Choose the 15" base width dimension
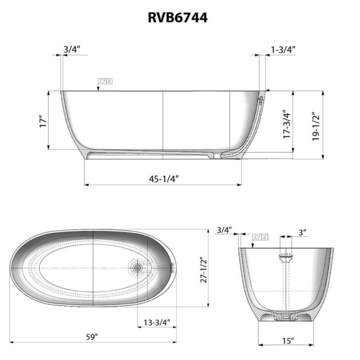(x=289, y=340)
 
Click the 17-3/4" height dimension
(x=287, y=123)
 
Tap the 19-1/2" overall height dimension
(x=316, y=126)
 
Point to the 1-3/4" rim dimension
(x=283, y=49)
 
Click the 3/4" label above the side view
(x=72, y=49)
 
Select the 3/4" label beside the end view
(x=225, y=229)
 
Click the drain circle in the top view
(x=137, y=267)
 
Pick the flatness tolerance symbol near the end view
(x=260, y=237)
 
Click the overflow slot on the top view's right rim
(x=172, y=266)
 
